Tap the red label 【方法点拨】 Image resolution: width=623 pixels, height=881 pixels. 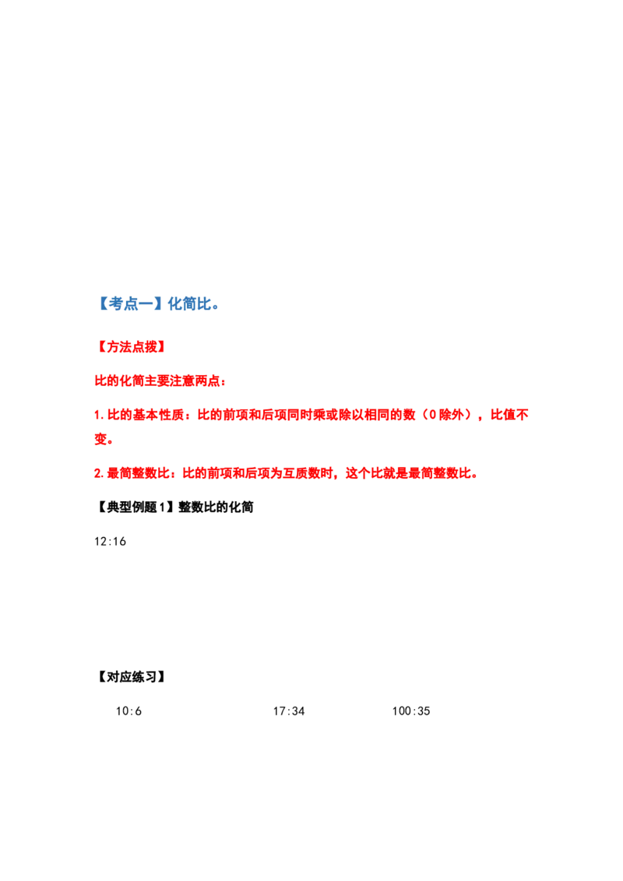coord(132,346)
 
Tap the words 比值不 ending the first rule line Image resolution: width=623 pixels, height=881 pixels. coord(509,416)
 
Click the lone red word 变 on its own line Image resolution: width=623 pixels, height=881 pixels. coord(100,440)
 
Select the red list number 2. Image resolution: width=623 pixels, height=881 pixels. coord(98,474)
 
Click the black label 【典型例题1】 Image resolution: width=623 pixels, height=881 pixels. coord(135,507)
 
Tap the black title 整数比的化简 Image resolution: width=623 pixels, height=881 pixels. coord(216,507)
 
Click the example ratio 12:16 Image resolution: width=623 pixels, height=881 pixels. coord(111,542)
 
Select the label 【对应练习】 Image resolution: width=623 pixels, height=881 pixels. coord(132,677)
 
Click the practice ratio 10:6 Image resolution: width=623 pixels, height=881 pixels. coord(128,711)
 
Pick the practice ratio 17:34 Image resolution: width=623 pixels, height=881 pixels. coord(289,711)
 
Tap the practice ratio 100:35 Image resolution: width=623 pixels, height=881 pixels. coord(411,711)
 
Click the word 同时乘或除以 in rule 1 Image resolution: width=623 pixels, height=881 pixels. coord(332,416)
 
